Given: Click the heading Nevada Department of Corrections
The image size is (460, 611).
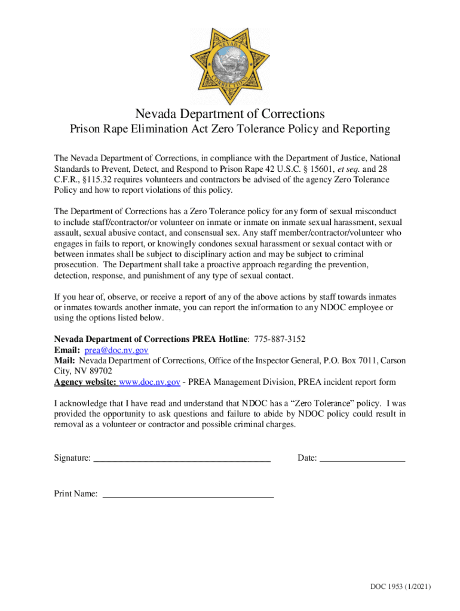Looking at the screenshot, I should (229, 113).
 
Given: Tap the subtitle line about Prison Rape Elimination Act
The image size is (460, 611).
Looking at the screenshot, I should (229, 129).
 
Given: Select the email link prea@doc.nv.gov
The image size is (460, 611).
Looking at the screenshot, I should (116, 350).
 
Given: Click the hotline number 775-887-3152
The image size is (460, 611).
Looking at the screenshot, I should (280, 339).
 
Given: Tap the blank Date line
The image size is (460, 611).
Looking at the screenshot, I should (363, 458).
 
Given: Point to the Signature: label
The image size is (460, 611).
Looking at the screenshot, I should (72, 458).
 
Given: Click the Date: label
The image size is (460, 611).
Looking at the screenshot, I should (307, 458).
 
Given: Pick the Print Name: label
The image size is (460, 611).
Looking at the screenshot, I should (76, 493).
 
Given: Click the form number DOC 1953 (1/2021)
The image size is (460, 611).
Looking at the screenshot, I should (400, 587).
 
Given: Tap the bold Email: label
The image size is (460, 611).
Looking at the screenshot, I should (67, 350).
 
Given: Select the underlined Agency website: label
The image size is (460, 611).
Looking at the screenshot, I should (85, 382).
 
